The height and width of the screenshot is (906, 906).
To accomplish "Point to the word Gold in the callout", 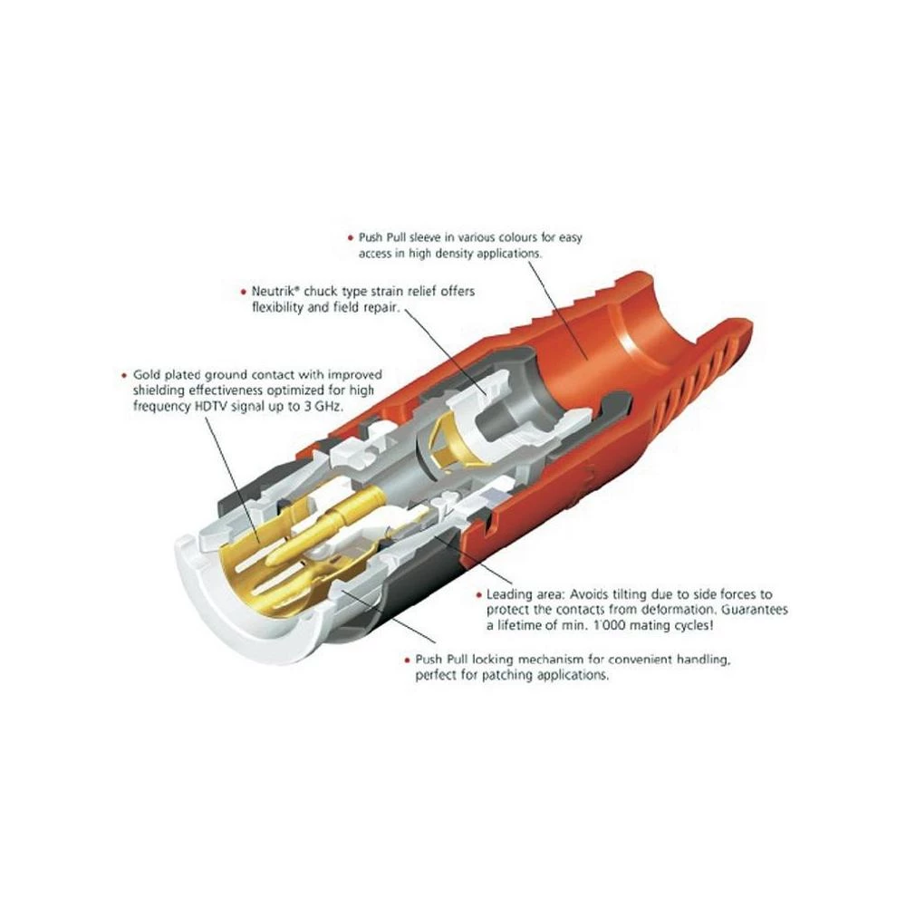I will [x=147, y=374].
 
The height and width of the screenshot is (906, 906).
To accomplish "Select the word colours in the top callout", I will [x=502, y=238].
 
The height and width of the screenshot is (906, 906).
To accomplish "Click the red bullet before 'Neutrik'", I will [x=243, y=292].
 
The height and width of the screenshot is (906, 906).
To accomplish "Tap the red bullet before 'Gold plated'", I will [x=124, y=374].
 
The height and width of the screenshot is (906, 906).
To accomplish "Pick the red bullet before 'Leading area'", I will [x=477, y=594].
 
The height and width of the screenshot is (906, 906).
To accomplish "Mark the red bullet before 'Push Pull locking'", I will [x=407, y=660].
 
